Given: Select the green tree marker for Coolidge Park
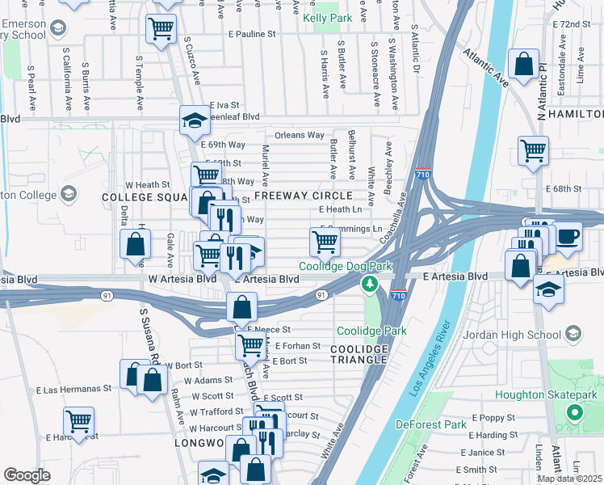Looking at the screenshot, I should [x=370, y=284].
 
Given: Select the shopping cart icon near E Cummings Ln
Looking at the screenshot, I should [x=325, y=240].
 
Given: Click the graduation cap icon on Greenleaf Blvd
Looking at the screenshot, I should [x=194, y=120].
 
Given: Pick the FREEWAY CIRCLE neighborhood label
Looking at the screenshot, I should [x=303, y=196].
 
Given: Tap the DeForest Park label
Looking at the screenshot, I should [x=432, y=424].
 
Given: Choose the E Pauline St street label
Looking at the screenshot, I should [x=252, y=35].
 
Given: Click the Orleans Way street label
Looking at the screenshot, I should [x=300, y=135].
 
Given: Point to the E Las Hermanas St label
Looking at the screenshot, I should [x=73, y=389].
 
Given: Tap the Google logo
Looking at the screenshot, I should [x=27, y=475].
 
